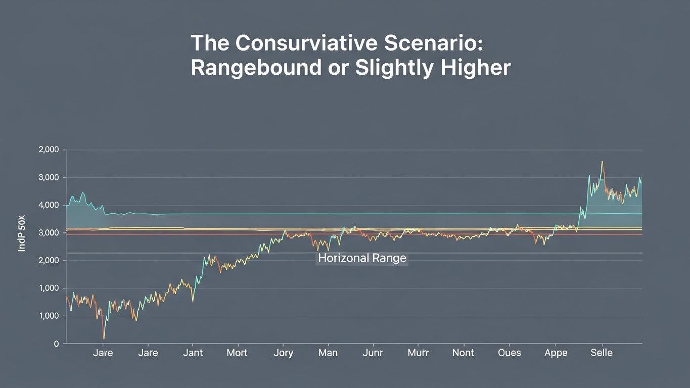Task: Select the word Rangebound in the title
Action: (256, 68)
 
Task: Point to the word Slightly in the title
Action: (394, 68)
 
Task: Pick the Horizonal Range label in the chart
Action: (362, 259)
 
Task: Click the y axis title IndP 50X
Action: (22, 233)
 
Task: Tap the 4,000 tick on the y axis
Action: (49, 205)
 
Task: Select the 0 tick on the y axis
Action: (56, 344)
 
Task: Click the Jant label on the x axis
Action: (192, 353)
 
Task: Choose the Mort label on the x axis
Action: (237, 353)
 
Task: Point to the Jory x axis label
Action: (283, 353)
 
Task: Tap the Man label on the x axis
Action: (328, 353)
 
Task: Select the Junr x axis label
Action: (373, 353)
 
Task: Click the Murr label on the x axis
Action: (418, 353)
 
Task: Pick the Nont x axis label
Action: (463, 353)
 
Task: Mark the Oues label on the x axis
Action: (509, 353)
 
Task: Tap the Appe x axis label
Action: (556, 353)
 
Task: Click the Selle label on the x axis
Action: (601, 353)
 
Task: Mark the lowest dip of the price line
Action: (104, 338)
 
